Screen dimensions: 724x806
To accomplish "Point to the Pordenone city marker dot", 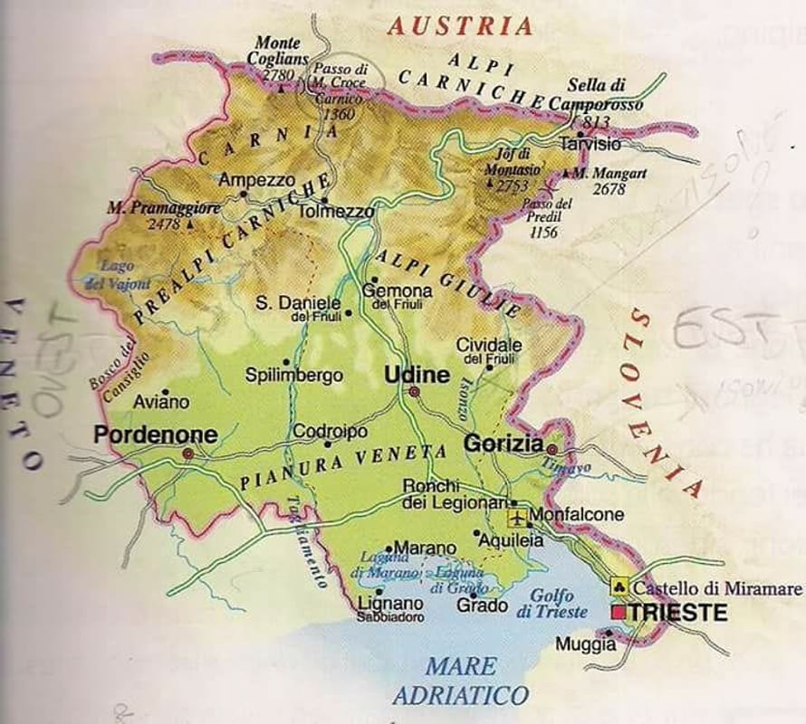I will pyautogui.click(x=187, y=452).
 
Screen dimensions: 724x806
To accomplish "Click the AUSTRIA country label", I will pyautogui.click(x=460, y=25).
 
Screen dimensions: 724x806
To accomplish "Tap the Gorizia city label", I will pyautogui.click(x=504, y=443).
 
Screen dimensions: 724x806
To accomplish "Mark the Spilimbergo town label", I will pyautogui.click(x=294, y=374).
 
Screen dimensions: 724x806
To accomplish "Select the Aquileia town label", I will pyautogui.click(x=512, y=539).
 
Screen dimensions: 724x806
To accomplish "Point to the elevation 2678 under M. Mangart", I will pyautogui.click(x=608, y=189).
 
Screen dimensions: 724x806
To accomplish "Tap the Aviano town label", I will pyautogui.click(x=161, y=401).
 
